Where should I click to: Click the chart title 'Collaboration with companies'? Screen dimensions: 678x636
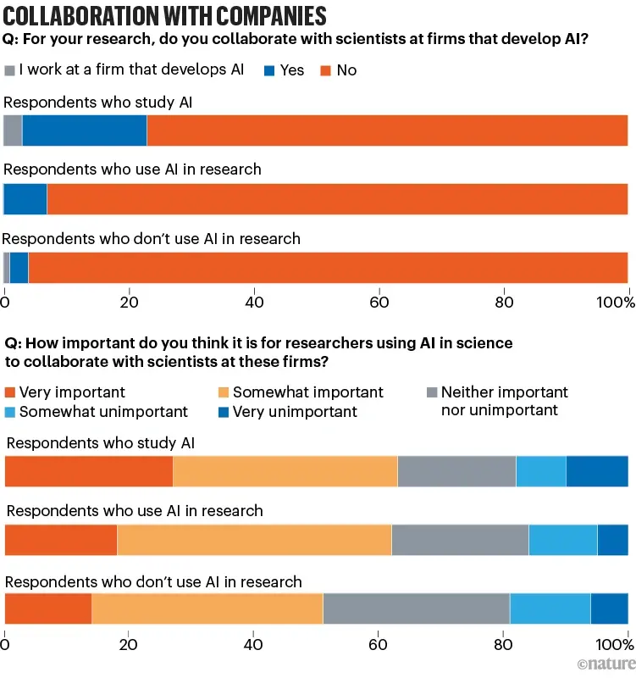click(x=165, y=16)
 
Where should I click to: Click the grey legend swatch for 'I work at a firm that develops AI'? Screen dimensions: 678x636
click(x=10, y=70)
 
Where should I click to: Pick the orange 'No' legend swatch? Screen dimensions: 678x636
click(x=324, y=70)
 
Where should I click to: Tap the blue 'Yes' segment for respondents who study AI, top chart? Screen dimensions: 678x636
click(x=85, y=131)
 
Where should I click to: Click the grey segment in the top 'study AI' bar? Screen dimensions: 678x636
click(x=13, y=131)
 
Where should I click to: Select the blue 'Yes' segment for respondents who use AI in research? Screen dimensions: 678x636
click(x=26, y=199)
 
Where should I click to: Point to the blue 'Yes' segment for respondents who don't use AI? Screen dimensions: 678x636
click(x=19, y=268)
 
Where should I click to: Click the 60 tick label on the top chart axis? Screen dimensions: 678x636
click(x=379, y=301)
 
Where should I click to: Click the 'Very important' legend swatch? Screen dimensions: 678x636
click(x=11, y=392)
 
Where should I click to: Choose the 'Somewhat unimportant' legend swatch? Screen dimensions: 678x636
click(x=11, y=412)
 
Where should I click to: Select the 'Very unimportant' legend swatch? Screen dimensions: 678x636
click(x=225, y=412)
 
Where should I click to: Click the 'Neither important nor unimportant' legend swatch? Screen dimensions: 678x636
click(x=433, y=392)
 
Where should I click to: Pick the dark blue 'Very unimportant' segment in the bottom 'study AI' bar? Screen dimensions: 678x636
click(x=597, y=471)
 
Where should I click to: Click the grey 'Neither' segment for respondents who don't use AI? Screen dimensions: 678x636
click(x=416, y=609)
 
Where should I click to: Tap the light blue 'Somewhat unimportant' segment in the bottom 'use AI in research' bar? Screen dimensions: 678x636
click(x=563, y=540)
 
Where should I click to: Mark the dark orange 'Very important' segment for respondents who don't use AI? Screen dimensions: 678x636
click(x=48, y=609)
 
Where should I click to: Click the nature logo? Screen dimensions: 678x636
click(x=605, y=663)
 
